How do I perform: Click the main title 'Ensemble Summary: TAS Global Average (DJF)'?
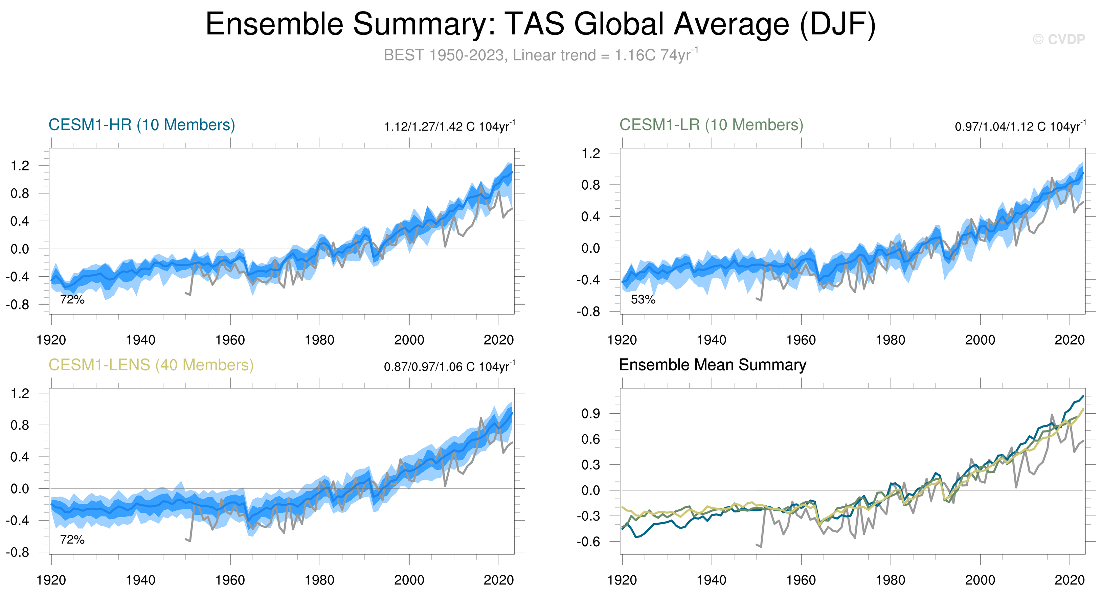point(541,24)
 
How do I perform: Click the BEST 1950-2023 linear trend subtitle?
point(541,55)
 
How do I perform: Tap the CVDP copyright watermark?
point(1058,39)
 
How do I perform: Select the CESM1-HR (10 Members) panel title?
point(142,125)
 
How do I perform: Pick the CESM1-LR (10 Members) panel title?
point(711,125)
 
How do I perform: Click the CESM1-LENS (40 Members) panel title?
point(151,365)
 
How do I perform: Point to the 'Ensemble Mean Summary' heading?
point(712,365)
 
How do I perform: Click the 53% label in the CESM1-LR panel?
point(643,300)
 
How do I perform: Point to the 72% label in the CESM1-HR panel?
point(72,300)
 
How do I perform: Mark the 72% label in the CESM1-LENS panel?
point(72,540)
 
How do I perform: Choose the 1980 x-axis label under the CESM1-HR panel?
point(319,340)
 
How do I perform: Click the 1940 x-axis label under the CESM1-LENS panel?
point(141,580)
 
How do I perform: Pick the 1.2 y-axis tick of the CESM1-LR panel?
point(591,154)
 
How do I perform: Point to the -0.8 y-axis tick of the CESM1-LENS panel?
point(18,552)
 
